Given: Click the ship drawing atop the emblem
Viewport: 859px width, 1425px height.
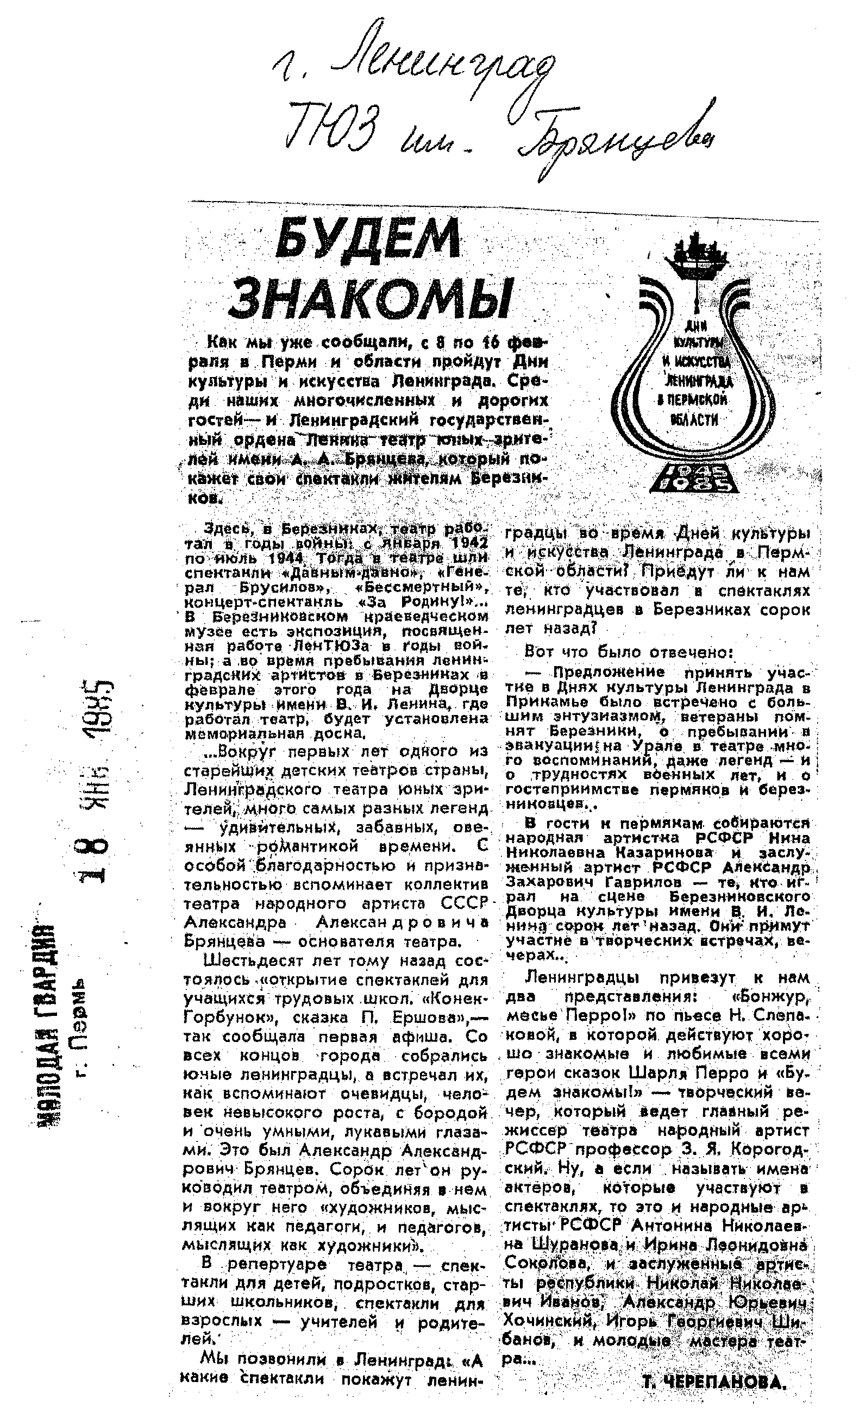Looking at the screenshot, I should [697, 254].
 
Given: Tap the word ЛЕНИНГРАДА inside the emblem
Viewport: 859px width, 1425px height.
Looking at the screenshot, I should [698, 381].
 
